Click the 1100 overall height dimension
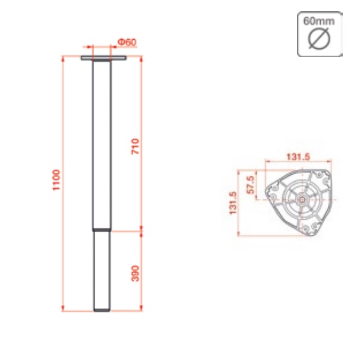click(x=56, y=180)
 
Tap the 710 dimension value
click(x=135, y=147)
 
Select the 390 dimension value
click(x=135, y=273)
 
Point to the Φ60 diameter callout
click(x=127, y=42)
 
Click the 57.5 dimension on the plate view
click(x=251, y=185)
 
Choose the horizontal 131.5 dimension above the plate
click(x=298, y=157)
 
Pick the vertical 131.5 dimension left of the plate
click(x=233, y=203)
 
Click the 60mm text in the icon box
click(x=319, y=21)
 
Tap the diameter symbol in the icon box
click(x=319, y=39)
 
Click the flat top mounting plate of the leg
click(x=103, y=58)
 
